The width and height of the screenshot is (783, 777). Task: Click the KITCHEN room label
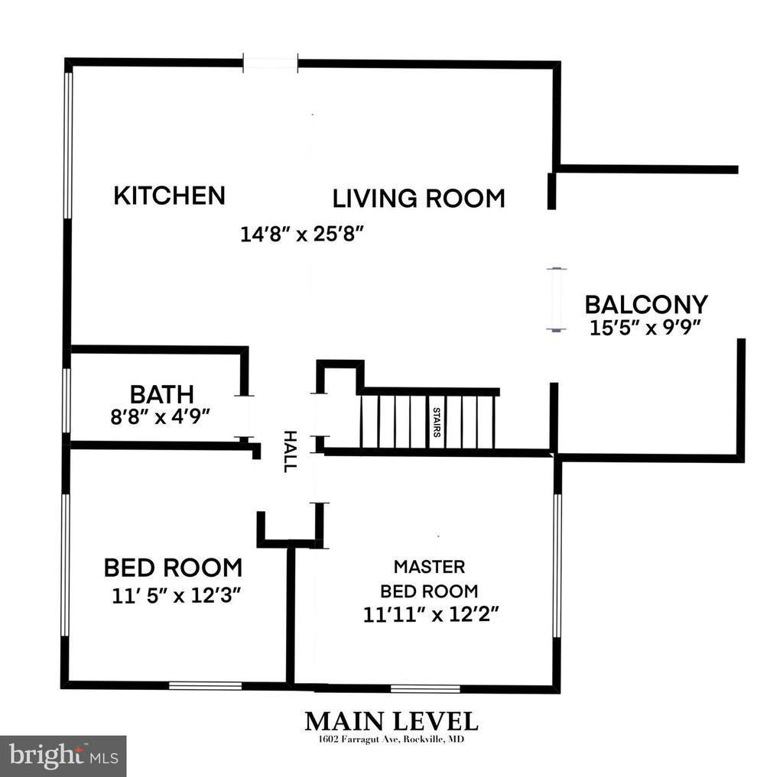click(x=169, y=195)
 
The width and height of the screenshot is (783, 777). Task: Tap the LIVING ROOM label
click(x=418, y=198)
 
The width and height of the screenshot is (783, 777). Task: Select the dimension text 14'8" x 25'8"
click(x=301, y=234)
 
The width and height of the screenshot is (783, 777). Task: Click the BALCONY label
click(x=646, y=304)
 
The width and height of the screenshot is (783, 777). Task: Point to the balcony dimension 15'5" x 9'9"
click(x=645, y=327)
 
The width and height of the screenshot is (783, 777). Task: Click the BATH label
click(x=162, y=394)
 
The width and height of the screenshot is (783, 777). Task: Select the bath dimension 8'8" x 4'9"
click(x=160, y=416)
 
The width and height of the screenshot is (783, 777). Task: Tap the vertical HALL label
click(x=290, y=451)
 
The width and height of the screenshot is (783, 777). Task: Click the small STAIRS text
click(x=437, y=422)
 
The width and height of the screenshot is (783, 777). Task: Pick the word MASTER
click(x=429, y=566)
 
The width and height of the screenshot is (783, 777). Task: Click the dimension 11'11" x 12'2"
click(x=430, y=614)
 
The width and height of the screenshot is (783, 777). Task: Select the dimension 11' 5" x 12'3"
click(x=177, y=595)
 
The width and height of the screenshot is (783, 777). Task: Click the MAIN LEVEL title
click(x=391, y=721)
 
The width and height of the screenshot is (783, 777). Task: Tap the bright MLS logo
click(x=63, y=756)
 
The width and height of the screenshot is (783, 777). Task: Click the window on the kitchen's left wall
click(x=68, y=145)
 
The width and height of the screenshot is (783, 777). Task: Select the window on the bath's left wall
click(x=67, y=400)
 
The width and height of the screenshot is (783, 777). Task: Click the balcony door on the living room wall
click(x=557, y=299)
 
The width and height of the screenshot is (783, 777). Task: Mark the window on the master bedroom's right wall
click(x=557, y=566)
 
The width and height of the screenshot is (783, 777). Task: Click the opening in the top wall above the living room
click(x=270, y=63)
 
